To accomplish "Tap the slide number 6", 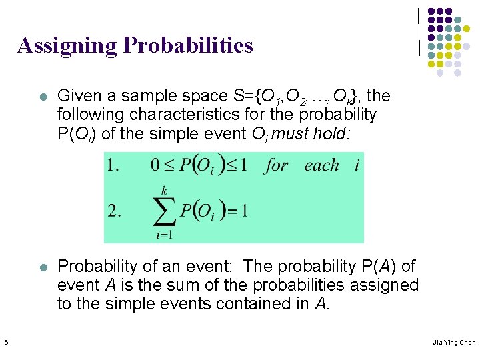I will click(x=5, y=343).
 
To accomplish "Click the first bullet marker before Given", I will click(x=43, y=97).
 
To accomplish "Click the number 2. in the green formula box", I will click(x=115, y=211).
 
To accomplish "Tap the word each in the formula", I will click(x=321, y=165).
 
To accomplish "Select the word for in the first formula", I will click(x=276, y=165).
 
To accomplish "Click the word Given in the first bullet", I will click(x=79, y=97).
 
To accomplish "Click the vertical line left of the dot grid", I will click(x=419, y=31).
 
